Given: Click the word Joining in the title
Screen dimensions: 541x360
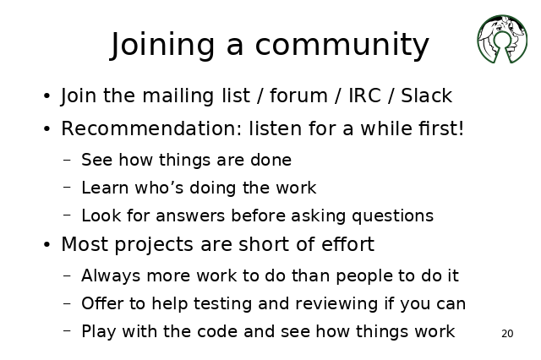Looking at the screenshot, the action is pyautogui.click(x=162, y=45).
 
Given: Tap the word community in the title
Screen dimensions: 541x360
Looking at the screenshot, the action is pyautogui.click(x=342, y=46).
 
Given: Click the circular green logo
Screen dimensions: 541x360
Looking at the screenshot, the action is pyautogui.click(x=502, y=39).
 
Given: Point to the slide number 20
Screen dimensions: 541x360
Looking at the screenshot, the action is pyautogui.click(x=507, y=334).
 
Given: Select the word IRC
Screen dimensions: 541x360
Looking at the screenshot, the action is pyautogui.click(x=364, y=95).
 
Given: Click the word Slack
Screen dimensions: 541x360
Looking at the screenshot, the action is pyautogui.click(x=426, y=95).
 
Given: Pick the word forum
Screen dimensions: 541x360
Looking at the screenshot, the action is pyautogui.click(x=298, y=95).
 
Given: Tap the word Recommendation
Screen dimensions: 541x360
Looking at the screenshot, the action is pyautogui.click(x=152, y=128).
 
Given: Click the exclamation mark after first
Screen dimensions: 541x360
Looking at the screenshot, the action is pyautogui.click(x=460, y=128).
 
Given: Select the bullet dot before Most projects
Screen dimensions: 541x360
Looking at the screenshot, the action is pyautogui.click(x=47, y=244).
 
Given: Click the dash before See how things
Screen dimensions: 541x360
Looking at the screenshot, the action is pyautogui.click(x=68, y=160).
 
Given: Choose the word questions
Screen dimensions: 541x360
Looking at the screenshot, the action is pyautogui.click(x=392, y=216).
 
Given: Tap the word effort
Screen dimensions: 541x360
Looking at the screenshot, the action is pyautogui.click(x=347, y=244).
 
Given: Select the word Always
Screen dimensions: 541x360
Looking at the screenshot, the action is pyautogui.click(x=111, y=276).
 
